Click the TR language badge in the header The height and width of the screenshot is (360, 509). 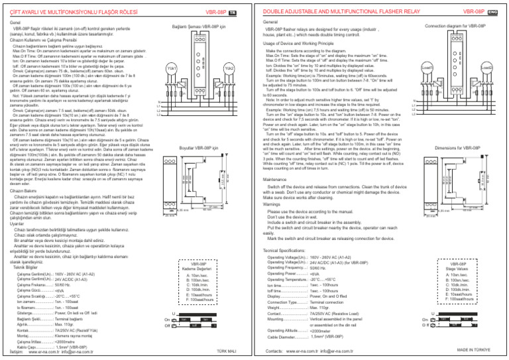click(x=242, y=11)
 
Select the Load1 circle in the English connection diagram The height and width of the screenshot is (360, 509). click(x=427, y=68)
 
